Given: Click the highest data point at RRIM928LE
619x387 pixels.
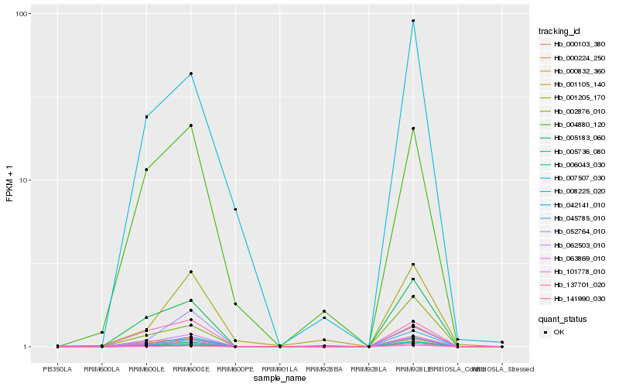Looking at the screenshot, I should [x=413, y=21].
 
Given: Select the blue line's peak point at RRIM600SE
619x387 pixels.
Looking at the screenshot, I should [x=191, y=74].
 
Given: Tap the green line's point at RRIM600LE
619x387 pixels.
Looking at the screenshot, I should [x=146, y=170].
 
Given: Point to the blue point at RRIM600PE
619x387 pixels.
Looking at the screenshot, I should [x=235, y=210].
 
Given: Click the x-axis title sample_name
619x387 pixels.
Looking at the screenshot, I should [x=279, y=378].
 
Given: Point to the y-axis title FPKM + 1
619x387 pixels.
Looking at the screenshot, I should [x=10, y=180].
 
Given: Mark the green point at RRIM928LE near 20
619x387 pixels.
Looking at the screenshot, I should [x=413, y=128].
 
